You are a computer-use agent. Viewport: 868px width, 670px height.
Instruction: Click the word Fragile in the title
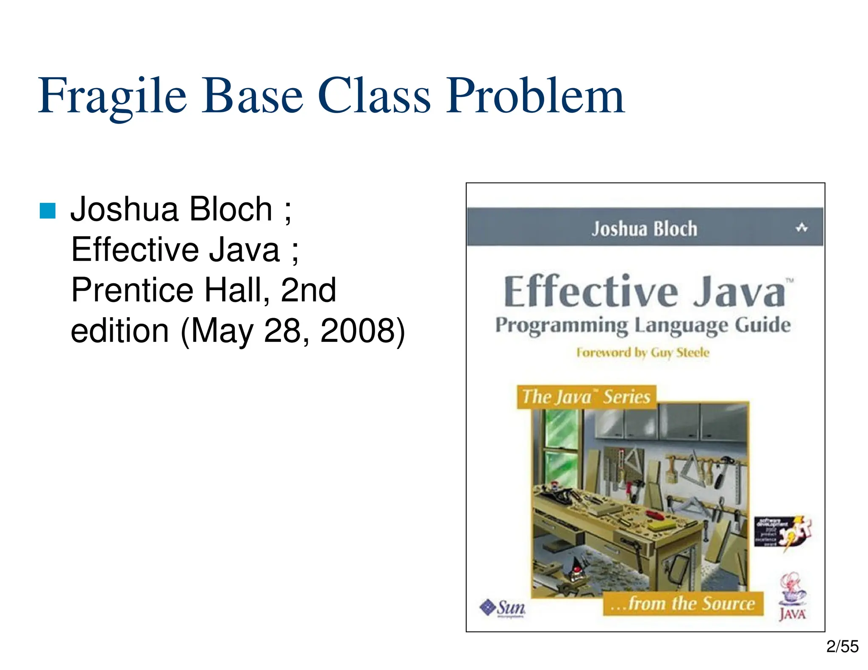click(112, 97)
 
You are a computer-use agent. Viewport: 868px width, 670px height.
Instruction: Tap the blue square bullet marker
click(47, 210)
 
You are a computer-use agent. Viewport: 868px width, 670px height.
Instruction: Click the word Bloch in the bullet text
click(230, 209)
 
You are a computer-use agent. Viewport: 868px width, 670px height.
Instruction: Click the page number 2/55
click(842, 647)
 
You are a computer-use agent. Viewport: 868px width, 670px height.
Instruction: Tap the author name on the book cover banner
click(644, 229)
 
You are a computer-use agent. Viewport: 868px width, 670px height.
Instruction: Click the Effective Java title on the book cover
click(644, 292)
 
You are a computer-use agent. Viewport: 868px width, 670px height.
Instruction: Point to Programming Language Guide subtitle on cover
click(643, 326)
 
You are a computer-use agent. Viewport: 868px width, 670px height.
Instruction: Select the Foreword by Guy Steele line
click(643, 352)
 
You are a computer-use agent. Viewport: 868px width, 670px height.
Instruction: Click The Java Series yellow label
click(586, 397)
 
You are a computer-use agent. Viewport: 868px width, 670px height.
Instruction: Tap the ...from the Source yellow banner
click(683, 604)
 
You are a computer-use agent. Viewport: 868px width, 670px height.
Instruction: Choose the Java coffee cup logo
click(792, 597)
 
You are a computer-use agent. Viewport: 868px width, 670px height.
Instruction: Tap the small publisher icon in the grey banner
click(801, 228)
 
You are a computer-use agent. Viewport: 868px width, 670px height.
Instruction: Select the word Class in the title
click(374, 97)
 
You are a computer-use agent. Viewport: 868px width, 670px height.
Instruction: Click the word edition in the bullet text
click(120, 330)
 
